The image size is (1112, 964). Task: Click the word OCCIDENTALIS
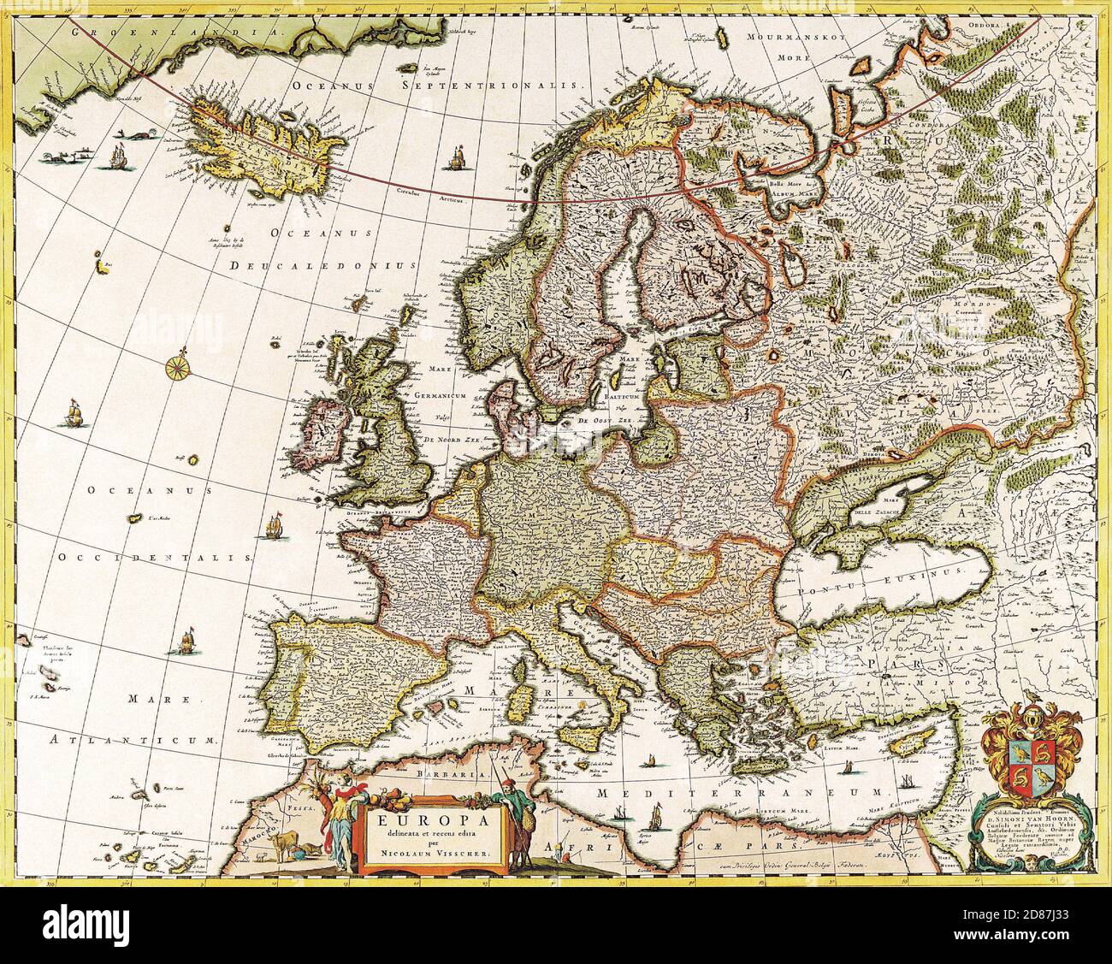tap(157, 557)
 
